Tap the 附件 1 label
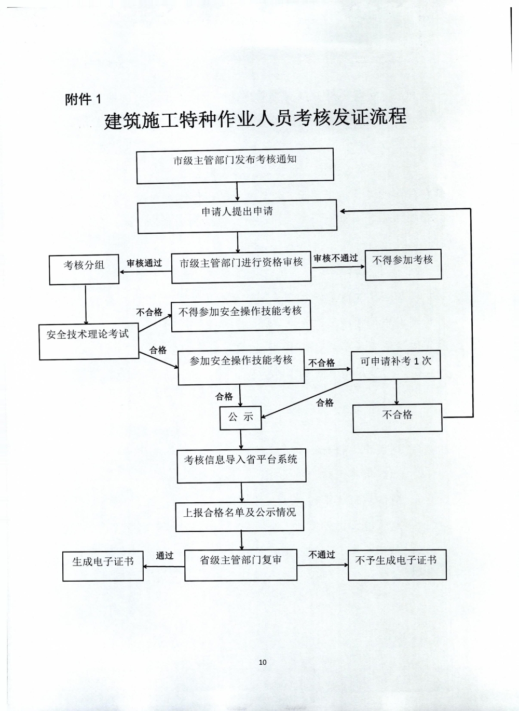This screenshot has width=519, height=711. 83,99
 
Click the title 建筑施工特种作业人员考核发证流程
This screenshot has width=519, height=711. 255,118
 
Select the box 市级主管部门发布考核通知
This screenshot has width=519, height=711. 235,166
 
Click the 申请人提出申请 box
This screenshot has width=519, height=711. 237,216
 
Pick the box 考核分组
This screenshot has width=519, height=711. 84,270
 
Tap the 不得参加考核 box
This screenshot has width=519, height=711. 403,265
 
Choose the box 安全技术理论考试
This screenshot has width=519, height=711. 89,342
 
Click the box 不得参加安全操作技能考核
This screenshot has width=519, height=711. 241,316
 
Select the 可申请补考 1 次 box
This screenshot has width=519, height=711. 396,365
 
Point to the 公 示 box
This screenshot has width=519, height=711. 240,418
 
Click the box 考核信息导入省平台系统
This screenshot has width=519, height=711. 241,466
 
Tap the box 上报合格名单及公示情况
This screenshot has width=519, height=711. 239,516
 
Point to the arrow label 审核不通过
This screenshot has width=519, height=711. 336,258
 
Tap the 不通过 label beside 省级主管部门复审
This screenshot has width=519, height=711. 322,555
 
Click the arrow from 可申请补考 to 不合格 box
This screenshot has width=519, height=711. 396,392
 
